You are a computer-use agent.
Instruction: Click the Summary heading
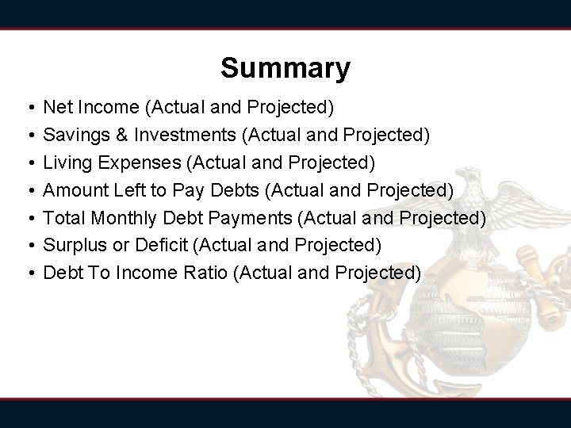coord(285,68)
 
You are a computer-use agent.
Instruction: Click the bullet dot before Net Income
coord(29,106)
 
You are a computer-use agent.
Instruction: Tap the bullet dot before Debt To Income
coord(29,273)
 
